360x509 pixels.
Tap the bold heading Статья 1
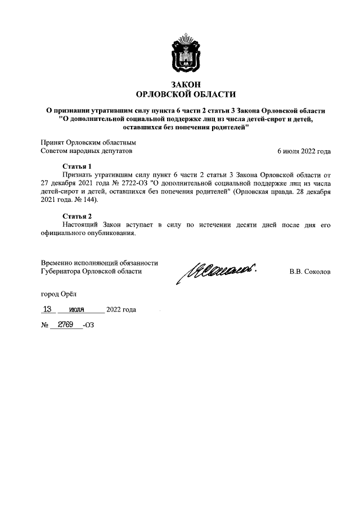(x=76, y=166)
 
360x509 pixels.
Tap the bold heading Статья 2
(x=76, y=216)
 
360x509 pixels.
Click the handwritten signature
(x=217, y=273)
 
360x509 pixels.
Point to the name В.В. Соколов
(x=310, y=272)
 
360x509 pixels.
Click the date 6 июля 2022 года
(x=304, y=151)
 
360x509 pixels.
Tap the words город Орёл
(x=58, y=294)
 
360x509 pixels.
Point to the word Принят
(x=53, y=143)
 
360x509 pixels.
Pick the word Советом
(x=55, y=151)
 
